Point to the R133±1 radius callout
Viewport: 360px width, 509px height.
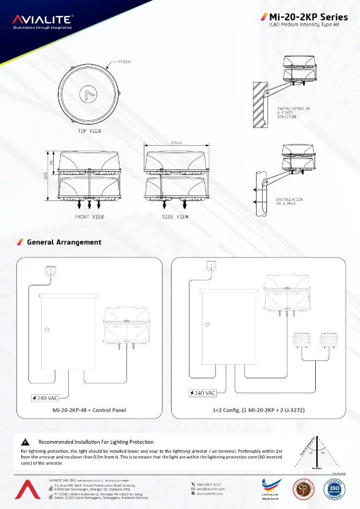(x=124, y=62)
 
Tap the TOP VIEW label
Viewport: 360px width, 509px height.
(x=90, y=131)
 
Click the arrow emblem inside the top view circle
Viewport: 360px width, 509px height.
(x=90, y=95)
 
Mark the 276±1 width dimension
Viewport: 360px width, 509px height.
(x=176, y=143)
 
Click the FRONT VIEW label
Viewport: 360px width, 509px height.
(x=90, y=217)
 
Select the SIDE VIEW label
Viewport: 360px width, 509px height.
(x=176, y=217)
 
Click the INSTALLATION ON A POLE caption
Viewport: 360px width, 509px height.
(x=289, y=201)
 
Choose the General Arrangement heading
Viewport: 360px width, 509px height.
(x=64, y=242)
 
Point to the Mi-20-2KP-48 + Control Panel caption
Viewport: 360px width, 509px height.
(x=90, y=410)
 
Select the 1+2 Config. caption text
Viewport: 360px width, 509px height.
(x=259, y=410)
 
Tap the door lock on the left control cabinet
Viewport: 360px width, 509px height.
(x=46, y=329)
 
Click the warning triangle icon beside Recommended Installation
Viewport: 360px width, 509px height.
(x=25, y=442)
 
